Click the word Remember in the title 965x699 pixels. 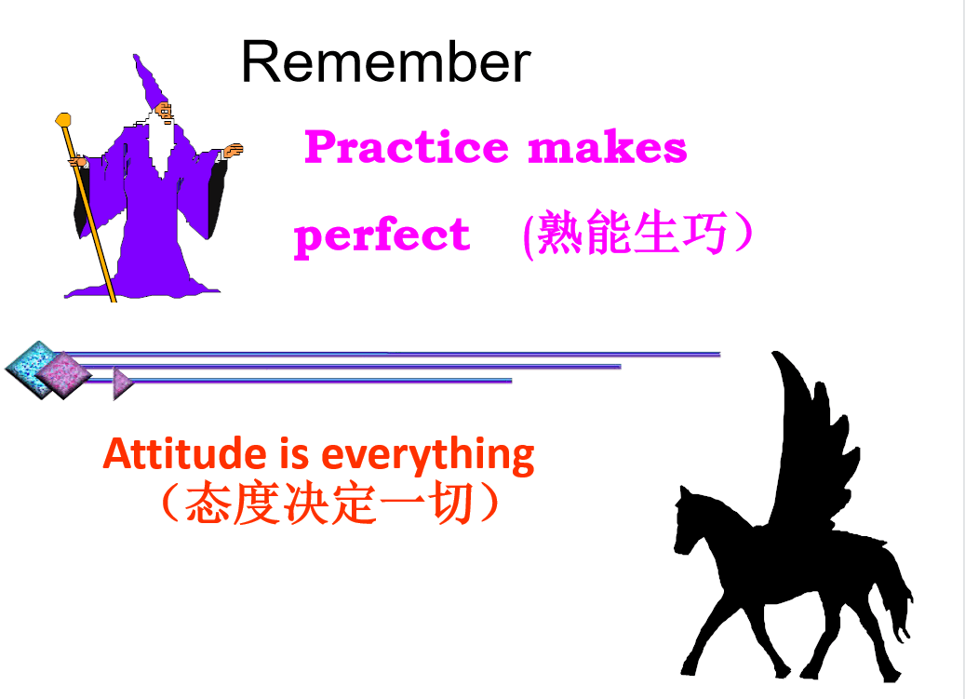tap(386, 61)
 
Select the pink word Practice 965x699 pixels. tap(406, 147)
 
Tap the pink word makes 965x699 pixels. tap(607, 147)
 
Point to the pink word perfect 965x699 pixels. tap(382, 237)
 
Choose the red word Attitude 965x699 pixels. tap(184, 453)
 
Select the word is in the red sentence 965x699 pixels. tap(294, 453)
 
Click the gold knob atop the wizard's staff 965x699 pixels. tap(63, 120)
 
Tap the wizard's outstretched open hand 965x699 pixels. tap(234, 150)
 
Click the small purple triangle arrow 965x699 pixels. tap(123, 383)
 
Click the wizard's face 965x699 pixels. tap(164, 112)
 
